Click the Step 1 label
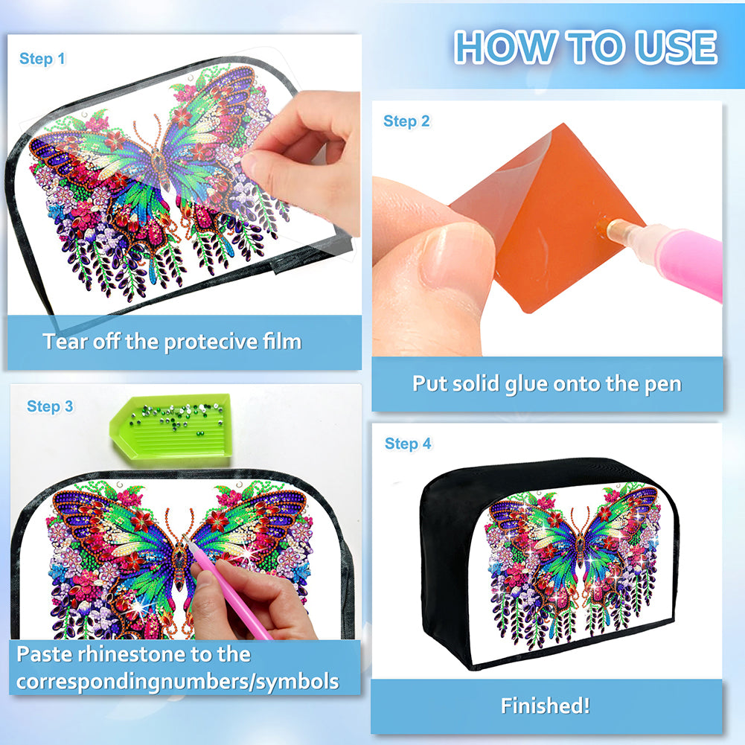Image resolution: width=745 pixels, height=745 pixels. pyautogui.click(x=42, y=59)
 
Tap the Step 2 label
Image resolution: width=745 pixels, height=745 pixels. pyautogui.click(x=406, y=121)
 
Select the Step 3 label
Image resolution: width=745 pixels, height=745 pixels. pyautogui.click(x=50, y=406)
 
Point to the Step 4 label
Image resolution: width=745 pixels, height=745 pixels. pyautogui.click(x=408, y=444)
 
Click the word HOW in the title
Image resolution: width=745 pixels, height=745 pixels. pyautogui.click(x=504, y=47)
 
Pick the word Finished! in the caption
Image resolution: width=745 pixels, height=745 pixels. pyautogui.click(x=546, y=706)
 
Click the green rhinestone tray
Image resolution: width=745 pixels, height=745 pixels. pyautogui.click(x=171, y=426)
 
